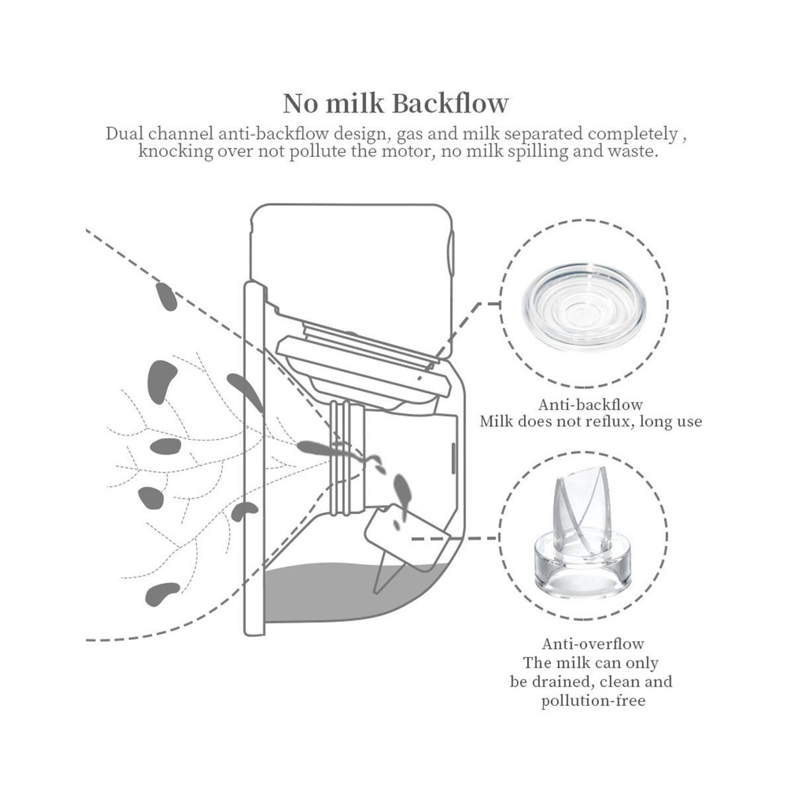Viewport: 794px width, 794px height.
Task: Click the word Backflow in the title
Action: pos(451,103)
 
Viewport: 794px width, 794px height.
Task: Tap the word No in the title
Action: pos(301,103)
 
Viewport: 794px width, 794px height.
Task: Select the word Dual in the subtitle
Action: pos(124,134)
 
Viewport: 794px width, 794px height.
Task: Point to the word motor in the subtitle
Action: pos(407,152)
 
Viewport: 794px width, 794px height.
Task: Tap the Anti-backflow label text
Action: pos(590,404)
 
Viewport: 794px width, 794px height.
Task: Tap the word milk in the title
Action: pos(355,103)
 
